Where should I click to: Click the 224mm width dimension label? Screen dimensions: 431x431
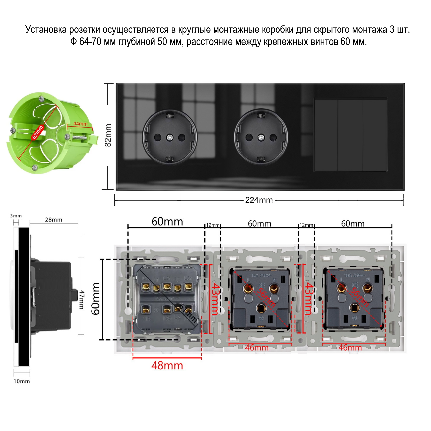pyautogui.click(x=259, y=200)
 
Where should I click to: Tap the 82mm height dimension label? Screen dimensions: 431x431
pyautogui.click(x=108, y=135)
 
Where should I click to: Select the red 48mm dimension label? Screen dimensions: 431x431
pyautogui.click(x=167, y=365)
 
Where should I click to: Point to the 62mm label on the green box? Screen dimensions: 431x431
pyautogui.click(x=38, y=132)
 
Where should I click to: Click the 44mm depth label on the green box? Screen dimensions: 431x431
pyautogui.click(x=80, y=124)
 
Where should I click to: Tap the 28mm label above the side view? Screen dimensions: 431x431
pyautogui.click(x=53, y=220)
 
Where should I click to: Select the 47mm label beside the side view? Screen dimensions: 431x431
pyautogui.click(x=82, y=299)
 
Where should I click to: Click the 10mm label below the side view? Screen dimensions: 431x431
pyautogui.click(x=22, y=381)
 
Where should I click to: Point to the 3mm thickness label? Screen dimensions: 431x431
pyautogui.click(x=16, y=216)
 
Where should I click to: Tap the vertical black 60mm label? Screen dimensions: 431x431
pyautogui.click(x=96, y=299)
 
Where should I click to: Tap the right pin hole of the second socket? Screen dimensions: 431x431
pyautogui.click(x=273, y=137)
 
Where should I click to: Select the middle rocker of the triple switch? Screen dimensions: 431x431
pyautogui.click(x=350, y=135)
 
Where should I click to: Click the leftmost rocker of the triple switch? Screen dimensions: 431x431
pyautogui.click(x=326, y=135)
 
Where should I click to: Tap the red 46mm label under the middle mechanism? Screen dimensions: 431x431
pyautogui.click(x=257, y=348)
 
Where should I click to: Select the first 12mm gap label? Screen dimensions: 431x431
pyautogui.click(x=213, y=225)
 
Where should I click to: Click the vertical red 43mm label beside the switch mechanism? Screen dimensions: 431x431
pyautogui.click(x=216, y=298)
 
